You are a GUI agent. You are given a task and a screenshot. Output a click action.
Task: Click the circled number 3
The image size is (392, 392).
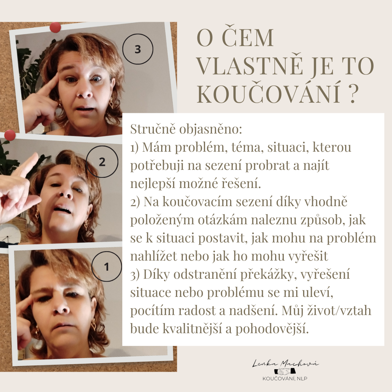click(138, 49)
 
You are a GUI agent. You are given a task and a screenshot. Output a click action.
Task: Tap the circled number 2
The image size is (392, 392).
click(102, 162)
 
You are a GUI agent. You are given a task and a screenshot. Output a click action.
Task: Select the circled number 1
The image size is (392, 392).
click(106, 266)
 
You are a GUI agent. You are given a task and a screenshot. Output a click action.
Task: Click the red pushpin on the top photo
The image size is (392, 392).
click(55, 27)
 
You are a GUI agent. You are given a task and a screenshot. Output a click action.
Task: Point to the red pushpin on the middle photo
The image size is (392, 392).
click(10, 135)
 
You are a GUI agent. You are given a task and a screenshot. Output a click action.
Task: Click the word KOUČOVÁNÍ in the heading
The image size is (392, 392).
click(269, 94)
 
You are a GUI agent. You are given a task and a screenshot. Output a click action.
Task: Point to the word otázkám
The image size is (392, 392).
click(222, 220)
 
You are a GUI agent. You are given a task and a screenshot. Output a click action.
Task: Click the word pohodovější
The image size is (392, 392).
click(272, 329)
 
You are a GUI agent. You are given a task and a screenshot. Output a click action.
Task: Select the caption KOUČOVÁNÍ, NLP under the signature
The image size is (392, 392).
click(285, 379)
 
